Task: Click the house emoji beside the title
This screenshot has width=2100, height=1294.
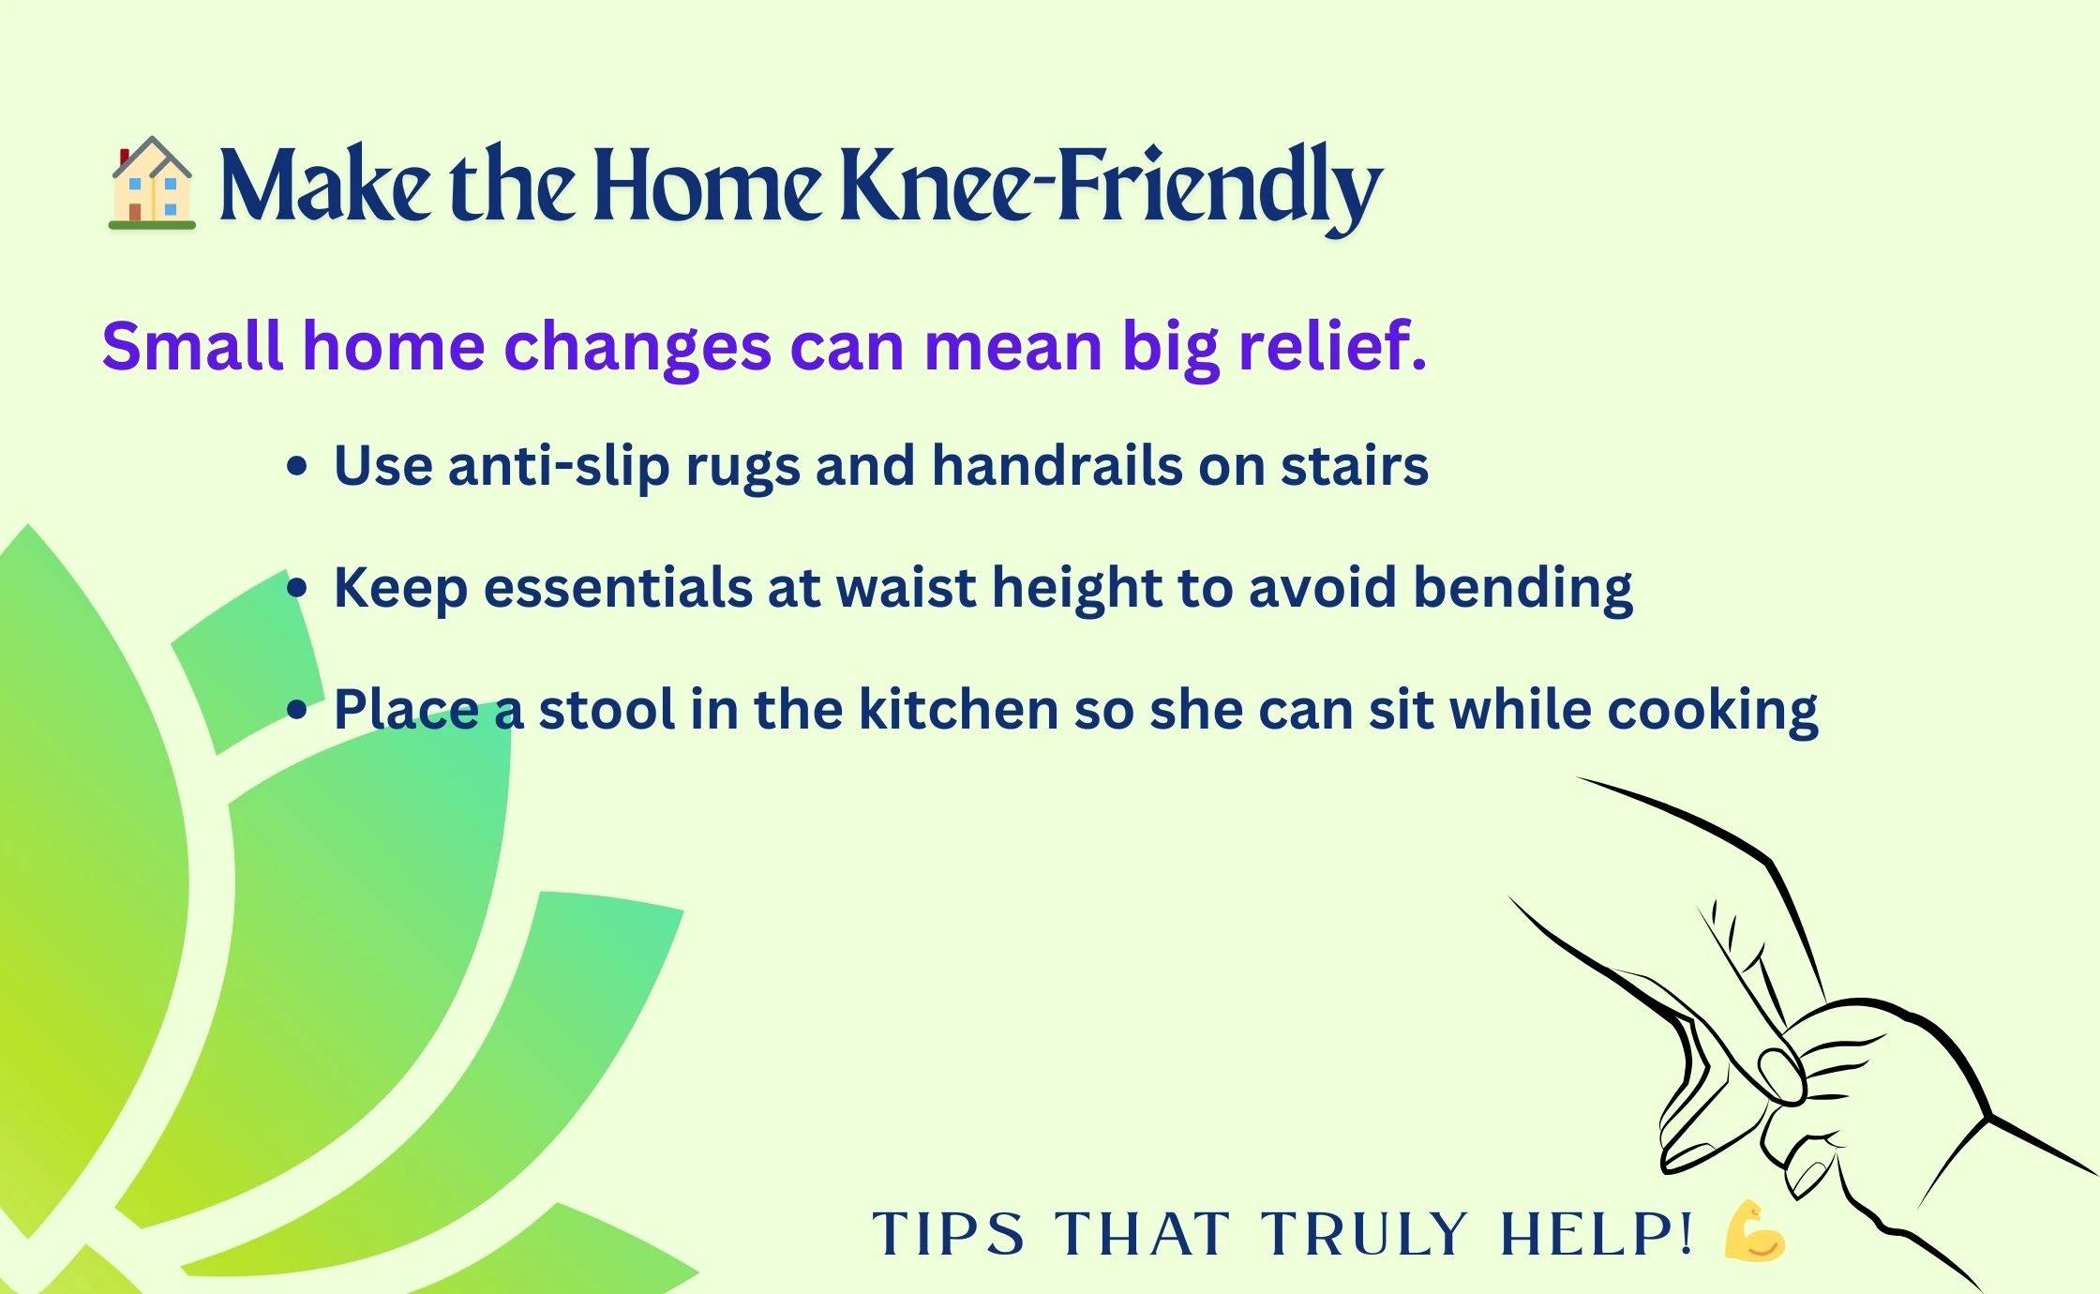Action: coord(152,183)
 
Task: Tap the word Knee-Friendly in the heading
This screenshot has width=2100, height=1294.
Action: coord(1112,188)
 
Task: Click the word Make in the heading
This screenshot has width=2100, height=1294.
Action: coord(326,186)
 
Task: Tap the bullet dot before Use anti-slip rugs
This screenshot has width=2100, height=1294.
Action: coord(297,466)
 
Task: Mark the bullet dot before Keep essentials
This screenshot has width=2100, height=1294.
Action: coord(297,588)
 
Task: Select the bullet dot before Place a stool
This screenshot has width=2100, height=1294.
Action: coord(297,710)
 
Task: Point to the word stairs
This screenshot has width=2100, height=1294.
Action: coord(1355,465)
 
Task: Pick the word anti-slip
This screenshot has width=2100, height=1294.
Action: coord(559,467)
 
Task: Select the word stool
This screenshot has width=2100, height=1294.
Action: coord(607,709)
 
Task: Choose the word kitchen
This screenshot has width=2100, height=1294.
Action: coord(958,709)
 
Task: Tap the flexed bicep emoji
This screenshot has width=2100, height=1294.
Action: coord(1754,1231)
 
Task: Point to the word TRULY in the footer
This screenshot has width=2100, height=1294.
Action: coord(1364,1233)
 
